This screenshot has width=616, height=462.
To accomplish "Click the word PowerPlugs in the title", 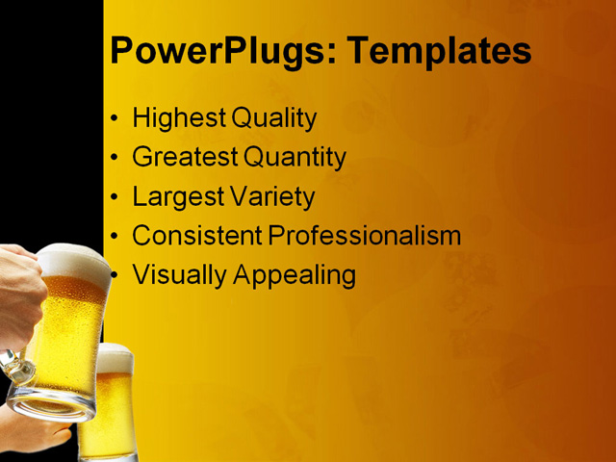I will (218, 50).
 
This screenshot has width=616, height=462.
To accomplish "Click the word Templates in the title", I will (437, 50).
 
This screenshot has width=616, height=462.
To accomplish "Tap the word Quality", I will (273, 119).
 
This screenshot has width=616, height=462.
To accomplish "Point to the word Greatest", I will (186, 157).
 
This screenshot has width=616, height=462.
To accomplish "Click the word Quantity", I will (295, 157).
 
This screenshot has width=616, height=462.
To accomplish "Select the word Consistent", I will (197, 236).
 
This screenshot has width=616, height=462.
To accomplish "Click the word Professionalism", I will (365, 236).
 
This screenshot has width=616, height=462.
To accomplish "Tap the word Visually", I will (180, 275).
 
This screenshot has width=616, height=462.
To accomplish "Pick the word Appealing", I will (295, 276).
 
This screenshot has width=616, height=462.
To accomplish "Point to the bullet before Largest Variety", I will (115, 197).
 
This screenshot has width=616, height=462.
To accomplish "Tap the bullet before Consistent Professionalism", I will (115, 236).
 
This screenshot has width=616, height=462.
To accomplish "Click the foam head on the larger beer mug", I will (72, 261).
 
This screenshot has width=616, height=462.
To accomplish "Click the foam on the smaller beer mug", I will (116, 357).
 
